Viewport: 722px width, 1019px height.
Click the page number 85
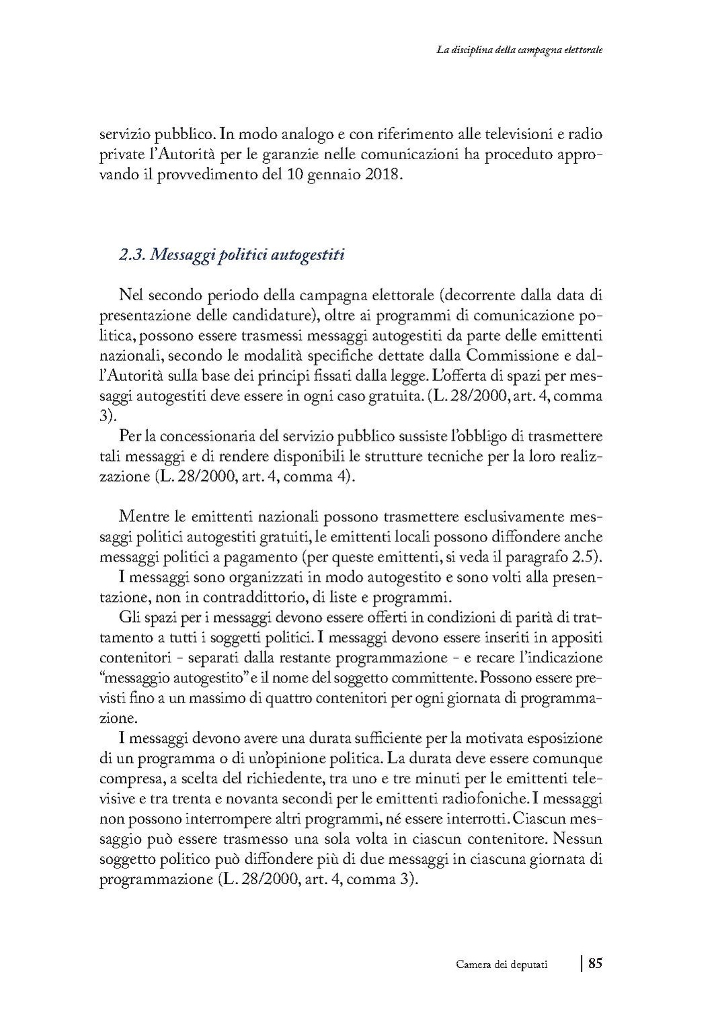tap(596, 963)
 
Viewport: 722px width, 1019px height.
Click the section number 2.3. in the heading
tap(132, 255)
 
